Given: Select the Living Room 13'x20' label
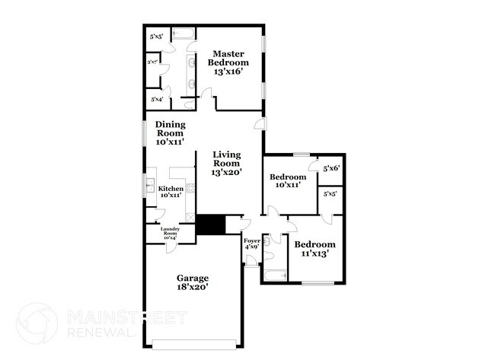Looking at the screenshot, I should tap(226, 163).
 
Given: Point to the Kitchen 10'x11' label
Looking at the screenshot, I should tap(169, 190).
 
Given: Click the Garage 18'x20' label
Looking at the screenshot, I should tap(192, 282).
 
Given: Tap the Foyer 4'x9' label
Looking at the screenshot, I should tap(251, 244).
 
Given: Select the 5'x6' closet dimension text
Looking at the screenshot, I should tap(331, 169).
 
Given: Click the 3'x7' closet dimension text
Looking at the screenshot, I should tap(152, 63).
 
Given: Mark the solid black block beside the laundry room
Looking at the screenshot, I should tap(210, 225).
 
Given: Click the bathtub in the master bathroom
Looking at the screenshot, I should tap(183, 33).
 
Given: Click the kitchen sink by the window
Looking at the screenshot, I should tap(149, 185).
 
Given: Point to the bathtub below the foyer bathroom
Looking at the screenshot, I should tap(274, 275).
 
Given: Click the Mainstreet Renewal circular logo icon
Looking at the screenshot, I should tap(37, 323).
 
